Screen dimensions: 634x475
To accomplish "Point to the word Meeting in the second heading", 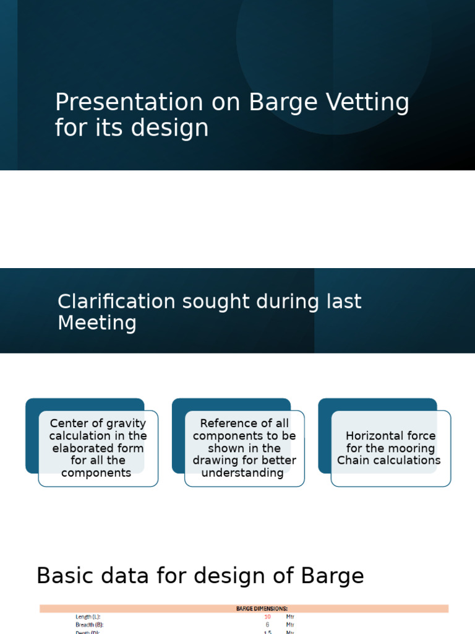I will (x=97, y=323).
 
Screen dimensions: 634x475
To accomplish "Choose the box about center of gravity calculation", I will (x=98, y=448).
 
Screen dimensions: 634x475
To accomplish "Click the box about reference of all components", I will (x=244, y=448).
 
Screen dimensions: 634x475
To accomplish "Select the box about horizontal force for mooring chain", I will (x=390, y=448).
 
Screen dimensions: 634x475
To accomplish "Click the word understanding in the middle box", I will (x=242, y=473).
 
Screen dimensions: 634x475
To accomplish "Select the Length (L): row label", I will (x=88, y=617).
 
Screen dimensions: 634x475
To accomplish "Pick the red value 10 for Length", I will (x=267, y=617).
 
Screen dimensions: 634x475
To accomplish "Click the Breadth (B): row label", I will (x=90, y=625).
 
